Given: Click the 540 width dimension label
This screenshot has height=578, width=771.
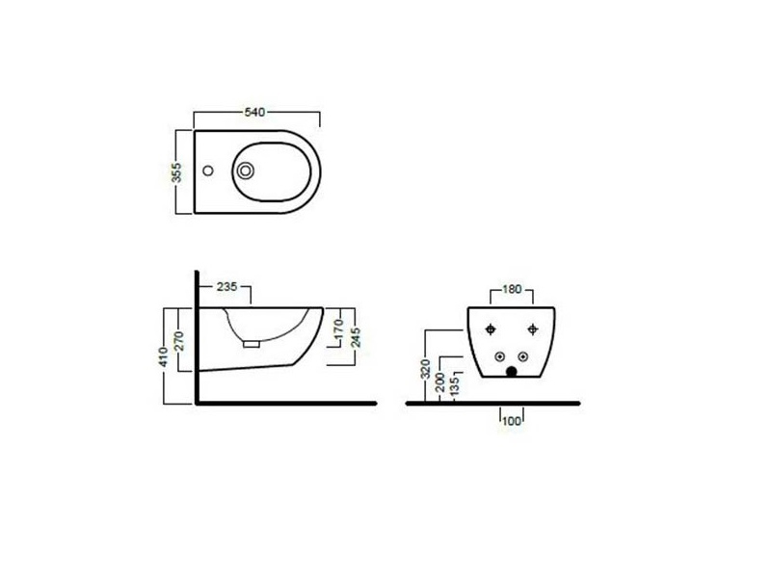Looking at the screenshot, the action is click(254, 112).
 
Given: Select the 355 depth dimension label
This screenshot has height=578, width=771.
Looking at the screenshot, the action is click(176, 172).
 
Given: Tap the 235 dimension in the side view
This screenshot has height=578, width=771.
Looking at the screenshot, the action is click(226, 286).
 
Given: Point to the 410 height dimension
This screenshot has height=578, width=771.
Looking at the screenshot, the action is click(163, 356).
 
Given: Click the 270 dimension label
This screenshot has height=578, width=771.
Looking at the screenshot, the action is click(178, 341).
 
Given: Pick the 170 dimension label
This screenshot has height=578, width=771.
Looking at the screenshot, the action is click(338, 328).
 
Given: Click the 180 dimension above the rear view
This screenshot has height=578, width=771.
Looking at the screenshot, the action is click(512, 290).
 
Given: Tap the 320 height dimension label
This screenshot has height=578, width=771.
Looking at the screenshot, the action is click(426, 369).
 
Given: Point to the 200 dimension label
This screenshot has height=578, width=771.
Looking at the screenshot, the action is click(440, 381).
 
